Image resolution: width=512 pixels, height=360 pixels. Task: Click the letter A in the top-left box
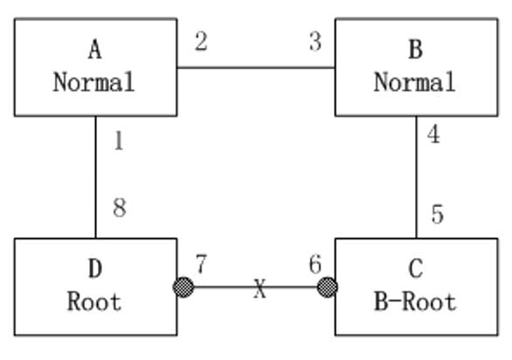[94, 50]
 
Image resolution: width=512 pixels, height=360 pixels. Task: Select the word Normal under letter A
[94, 81]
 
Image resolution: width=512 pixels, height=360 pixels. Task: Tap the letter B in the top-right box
[416, 50]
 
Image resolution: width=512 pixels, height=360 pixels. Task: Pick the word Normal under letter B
[415, 81]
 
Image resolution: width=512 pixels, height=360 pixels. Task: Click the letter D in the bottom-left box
[95, 268]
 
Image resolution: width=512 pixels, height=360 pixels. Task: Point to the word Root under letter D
[94, 301]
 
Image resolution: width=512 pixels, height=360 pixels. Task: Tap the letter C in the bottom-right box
[416, 268]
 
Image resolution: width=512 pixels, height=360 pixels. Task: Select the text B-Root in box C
[415, 301]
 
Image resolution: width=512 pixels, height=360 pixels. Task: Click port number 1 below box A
[119, 142]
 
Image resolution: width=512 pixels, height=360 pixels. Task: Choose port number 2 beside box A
[201, 41]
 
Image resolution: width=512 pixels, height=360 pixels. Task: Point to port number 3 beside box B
[315, 41]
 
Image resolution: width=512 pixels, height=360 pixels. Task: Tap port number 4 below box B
[433, 134]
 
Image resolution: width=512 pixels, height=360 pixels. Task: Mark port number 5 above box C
[438, 214]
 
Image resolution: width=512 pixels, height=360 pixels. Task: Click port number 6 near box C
[315, 264]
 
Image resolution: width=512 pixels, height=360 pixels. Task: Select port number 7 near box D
[201, 264]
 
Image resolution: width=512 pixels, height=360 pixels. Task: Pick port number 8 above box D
[120, 208]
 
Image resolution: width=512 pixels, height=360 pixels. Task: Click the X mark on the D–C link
[259, 288]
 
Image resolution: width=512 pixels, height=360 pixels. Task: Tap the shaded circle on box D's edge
[183, 287]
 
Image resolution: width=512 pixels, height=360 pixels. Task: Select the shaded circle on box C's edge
[327, 287]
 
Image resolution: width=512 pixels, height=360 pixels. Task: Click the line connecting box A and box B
[256, 67]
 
